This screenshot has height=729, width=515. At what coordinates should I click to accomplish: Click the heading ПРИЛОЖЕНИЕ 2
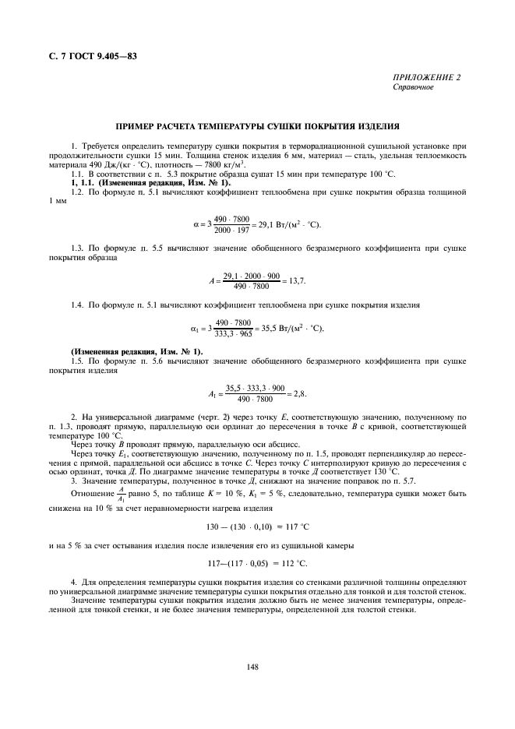tap(427, 77)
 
